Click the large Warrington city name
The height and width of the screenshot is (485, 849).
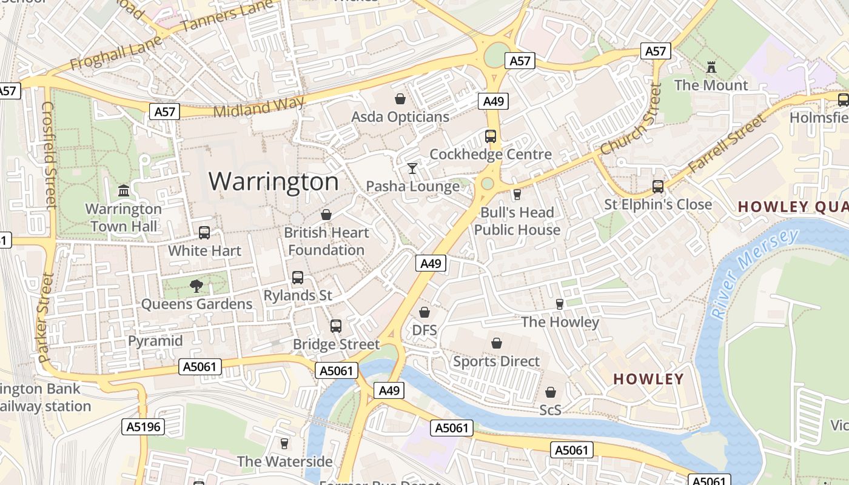click(x=273, y=181)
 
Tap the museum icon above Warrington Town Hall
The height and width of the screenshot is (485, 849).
click(x=124, y=191)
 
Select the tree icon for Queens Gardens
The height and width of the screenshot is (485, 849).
click(x=196, y=286)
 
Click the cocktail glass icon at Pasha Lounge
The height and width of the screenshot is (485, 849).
click(x=412, y=168)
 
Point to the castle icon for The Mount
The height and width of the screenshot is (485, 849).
click(x=711, y=67)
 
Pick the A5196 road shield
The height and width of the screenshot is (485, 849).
click(x=144, y=427)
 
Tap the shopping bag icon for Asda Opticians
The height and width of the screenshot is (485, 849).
click(x=400, y=98)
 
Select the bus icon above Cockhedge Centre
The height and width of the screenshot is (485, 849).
click(x=491, y=136)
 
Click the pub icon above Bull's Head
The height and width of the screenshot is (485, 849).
click(x=517, y=194)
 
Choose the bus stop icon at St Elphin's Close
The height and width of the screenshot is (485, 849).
click(x=658, y=186)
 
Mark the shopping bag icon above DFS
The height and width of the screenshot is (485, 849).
click(x=424, y=312)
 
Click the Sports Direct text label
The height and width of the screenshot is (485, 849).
click(x=496, y=361)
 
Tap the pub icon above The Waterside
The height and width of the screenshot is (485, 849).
click(x=284, y=443)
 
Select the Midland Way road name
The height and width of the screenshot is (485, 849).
click(x=258, y=107)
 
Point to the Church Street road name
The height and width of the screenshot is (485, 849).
click(x=631, y=119)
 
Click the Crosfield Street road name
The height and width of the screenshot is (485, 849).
click(x=49, y=155)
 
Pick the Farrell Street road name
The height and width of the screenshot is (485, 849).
click(x=727, y=144)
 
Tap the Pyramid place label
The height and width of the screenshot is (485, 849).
click(x=155, y=341)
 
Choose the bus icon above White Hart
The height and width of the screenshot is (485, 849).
click(x=204, y=233)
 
